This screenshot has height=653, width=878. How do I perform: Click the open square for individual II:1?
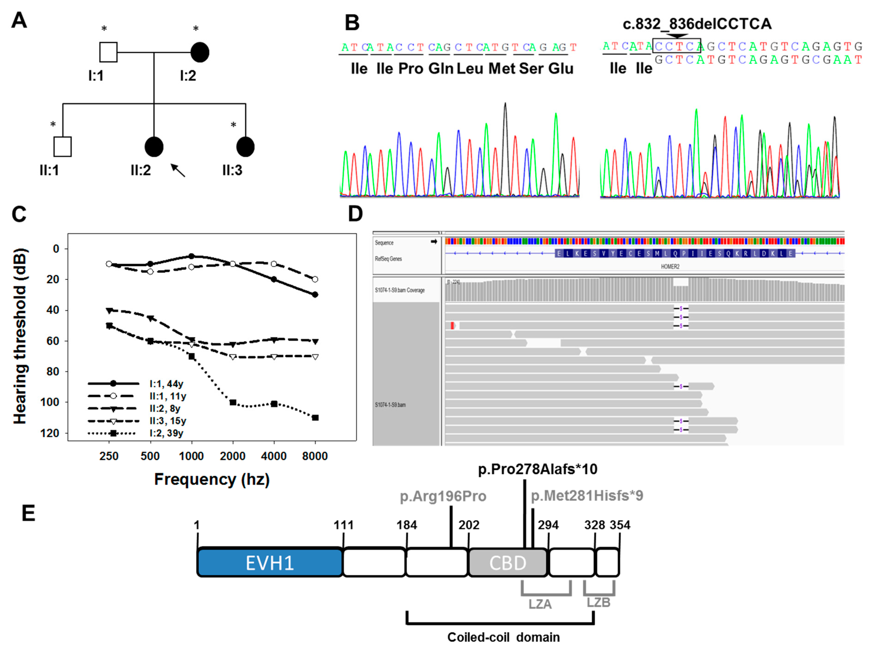click(x=62, y=147)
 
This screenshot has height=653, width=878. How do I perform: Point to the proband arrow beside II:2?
click(x=178, y=170)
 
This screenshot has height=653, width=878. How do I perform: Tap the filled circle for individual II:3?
click(x=245, y=147)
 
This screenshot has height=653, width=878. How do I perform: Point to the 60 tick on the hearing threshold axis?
click(x=53, y=341)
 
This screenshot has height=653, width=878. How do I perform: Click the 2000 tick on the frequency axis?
click(x=232, y=456)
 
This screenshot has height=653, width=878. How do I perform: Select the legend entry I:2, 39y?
click(x=166, y=433)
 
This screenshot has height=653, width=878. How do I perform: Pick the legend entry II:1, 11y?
click(x=168, y=396)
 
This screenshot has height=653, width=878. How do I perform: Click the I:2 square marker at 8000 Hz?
click(x=315, y=418)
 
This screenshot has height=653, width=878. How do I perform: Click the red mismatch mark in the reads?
click(x=452, y=326)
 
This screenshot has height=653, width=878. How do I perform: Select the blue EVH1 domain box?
click(x=270, y=562)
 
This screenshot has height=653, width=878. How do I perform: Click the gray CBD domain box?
click(x=508, y=562)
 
